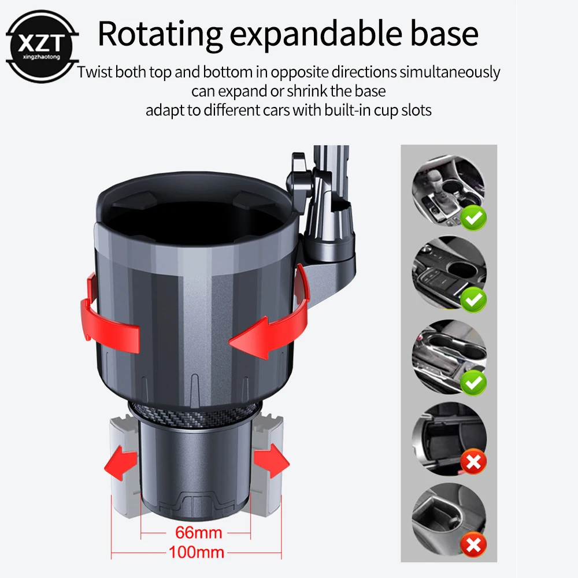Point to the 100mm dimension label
[197, 552]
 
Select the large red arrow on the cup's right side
[272, 321]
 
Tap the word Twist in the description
[95, 73]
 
